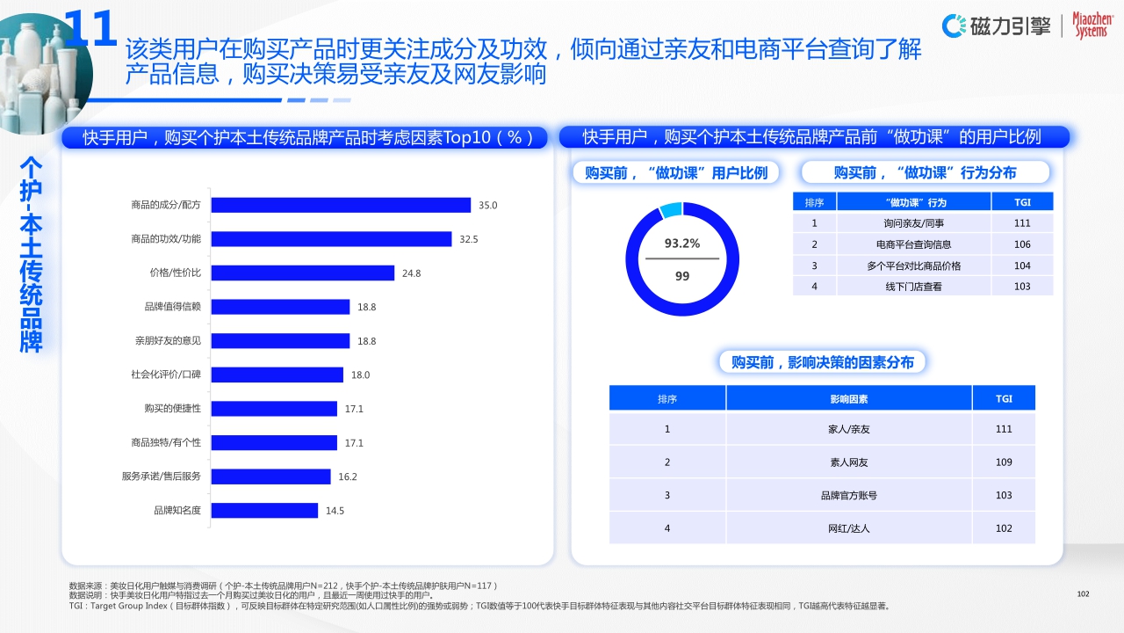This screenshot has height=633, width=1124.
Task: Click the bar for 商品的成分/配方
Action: click(x=341, y=205)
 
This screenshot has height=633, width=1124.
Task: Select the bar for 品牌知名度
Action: click(x=264, y=510)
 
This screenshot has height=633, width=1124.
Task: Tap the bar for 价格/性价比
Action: click(x=303, y=273)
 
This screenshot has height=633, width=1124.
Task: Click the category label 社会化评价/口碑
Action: click(x=166, y=375)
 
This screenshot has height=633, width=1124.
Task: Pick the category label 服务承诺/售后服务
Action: click(x=162, y=477)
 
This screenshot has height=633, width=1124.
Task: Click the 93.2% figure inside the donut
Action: click(x=682, y=244)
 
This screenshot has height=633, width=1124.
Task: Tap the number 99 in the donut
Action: click(x=682, y=276)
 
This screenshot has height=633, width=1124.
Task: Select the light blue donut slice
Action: click(x=670, y=210)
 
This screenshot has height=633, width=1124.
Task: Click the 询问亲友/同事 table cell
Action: click(x=913, y=223)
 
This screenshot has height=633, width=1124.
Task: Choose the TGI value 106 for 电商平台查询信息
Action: click(x=1022, y=244)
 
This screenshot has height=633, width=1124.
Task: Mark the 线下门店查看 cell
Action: click(x=913, y=287)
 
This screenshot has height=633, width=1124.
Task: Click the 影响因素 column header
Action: click(x=848, y=399)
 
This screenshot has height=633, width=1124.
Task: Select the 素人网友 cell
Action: click(x=848, y=462)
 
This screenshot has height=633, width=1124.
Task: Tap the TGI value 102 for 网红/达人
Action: click(x=1004, y=528)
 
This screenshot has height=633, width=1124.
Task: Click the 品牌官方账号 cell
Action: click(x=848, y=496)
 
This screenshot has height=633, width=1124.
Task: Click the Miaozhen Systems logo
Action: click(x=1091, y=25)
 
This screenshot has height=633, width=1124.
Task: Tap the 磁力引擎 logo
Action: click(x=998, y=25)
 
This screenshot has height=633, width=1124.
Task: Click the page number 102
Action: click(x=1083, y=594)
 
